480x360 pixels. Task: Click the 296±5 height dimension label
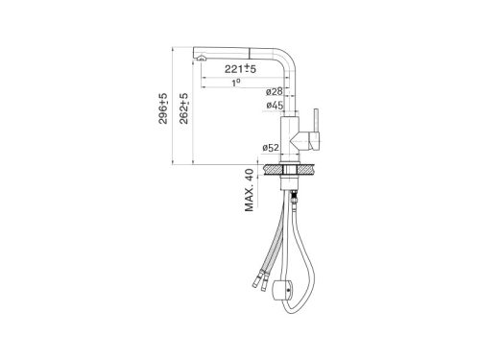coord(163,108)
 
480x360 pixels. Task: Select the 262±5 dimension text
coord(183,108)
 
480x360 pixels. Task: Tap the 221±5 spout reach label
coord(240,68)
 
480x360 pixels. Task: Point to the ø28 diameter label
coord(275,92)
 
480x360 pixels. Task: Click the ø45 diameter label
coord(275,105)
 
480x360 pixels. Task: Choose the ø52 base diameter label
coord(271,148)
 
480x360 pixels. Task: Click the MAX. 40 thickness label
coord(249,190)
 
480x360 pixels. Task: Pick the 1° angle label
coord(236,83)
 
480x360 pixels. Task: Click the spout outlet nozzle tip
coord(202,58)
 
